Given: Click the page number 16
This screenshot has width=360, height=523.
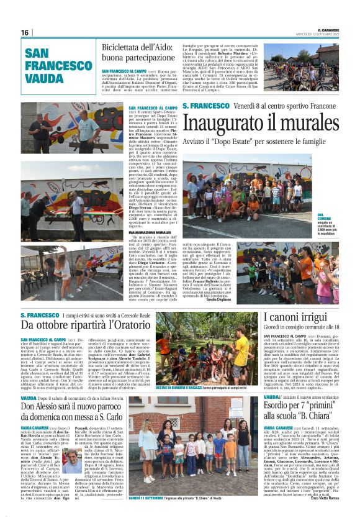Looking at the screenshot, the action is tap(25, 32).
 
